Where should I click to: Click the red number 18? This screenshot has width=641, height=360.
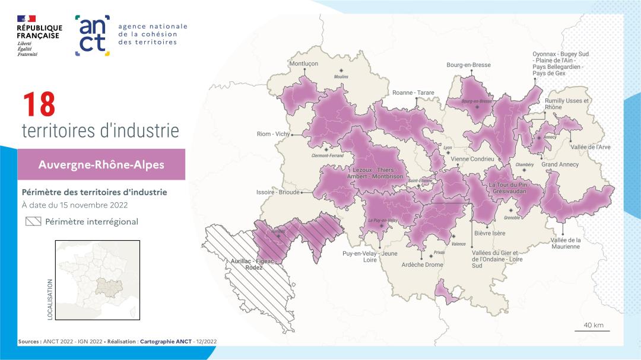(39, 105)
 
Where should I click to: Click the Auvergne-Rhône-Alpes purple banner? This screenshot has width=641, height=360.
(101, 164)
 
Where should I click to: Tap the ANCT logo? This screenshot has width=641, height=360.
(93, 35)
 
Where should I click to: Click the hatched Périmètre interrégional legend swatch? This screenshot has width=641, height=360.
(33, 222)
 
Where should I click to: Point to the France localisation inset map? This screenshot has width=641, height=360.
(97, 280)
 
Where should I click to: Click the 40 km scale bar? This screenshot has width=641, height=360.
(592, 330)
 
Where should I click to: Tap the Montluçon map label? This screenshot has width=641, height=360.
(303, 63)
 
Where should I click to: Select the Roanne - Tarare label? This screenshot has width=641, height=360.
(413, 93)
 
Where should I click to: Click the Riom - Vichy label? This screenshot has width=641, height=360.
(273, 134)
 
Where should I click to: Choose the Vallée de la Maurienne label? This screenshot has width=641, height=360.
(565, 243)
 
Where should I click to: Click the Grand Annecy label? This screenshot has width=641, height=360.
(560, 164)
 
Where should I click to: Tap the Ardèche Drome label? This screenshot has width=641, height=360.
(423, 265)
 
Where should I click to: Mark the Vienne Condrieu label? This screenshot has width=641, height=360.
(472, 159)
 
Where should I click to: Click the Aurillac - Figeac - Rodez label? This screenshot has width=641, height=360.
(255, 265)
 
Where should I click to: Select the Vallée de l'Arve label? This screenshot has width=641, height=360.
(590, 146)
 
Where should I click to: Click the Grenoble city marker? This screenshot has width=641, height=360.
(511, 210)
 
